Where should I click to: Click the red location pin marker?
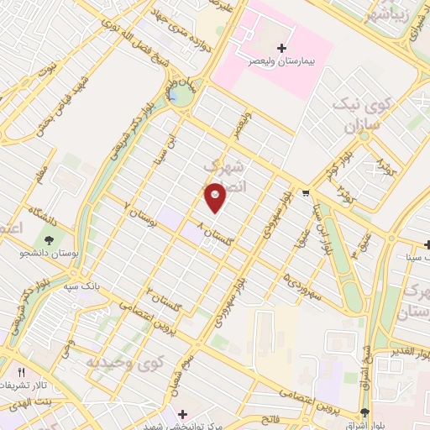pos(216,198)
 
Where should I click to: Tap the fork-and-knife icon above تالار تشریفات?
pos(23,371)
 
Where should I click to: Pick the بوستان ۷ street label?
pos(141,214)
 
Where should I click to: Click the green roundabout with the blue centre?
pos(178,94)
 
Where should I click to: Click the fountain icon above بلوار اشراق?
pos(364,412)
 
